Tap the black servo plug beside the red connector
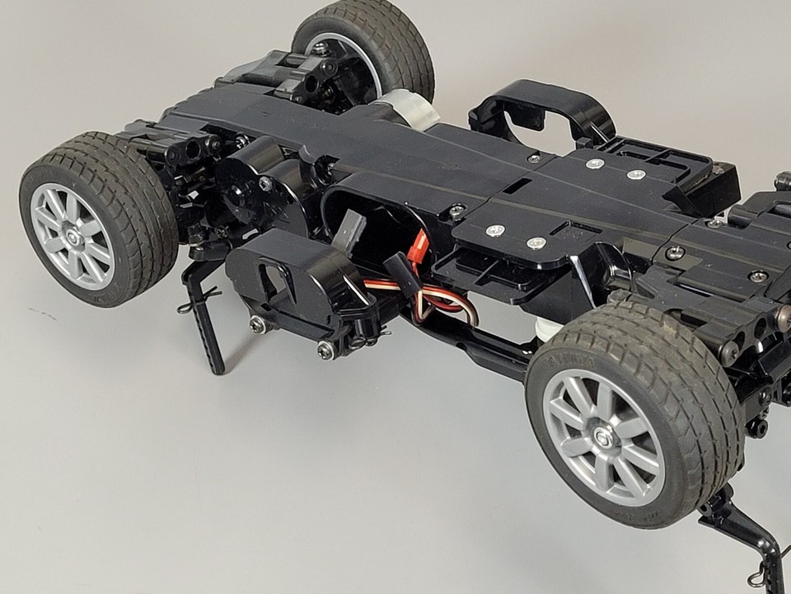pyautogui.click(x=398, y=268)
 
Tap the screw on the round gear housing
pyautogui.click(x=266, y=183)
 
